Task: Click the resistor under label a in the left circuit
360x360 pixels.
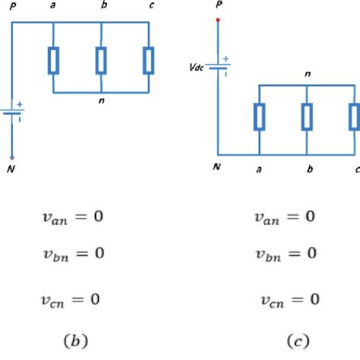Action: click(x=53, y=60)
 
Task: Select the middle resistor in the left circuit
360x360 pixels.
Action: click(x=101, y=60)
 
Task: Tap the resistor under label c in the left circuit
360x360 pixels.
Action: click(x=150, y=60)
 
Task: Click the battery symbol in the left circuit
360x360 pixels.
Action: click(x=13, y=113)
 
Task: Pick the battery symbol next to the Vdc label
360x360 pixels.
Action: click(x=219, y=68)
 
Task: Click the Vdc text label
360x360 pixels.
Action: click(x=197, y=67)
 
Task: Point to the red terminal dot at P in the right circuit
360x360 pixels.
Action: click(x=219, y=21)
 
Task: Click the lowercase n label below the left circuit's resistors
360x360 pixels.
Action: click(x=102, y=101)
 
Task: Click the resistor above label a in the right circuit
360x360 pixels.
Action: click(x=260, y=117)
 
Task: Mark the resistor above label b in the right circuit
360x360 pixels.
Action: click(x=307, y=117)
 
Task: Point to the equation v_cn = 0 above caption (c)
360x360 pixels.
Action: click(x=286, y=298)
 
